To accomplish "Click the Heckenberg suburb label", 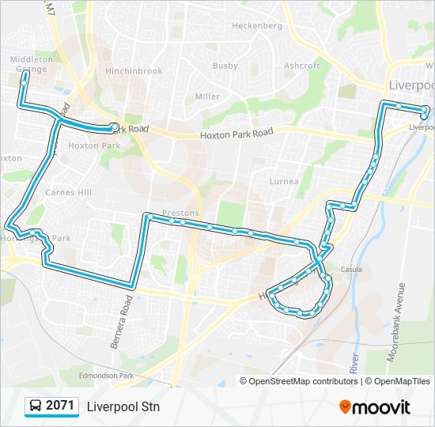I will point(256,25).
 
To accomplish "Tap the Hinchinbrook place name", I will point(134,71).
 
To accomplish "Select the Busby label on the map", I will point(225,66).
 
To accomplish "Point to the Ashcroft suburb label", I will point(301,66).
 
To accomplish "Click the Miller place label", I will point(207,96).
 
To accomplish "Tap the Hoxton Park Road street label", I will point(236,134).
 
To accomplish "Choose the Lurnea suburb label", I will point(284,182).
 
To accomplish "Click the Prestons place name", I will point(180,213).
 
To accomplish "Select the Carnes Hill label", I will point(69,193).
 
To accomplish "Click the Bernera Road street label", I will point(127,311).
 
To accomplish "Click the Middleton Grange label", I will point(28,64).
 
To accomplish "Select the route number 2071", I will point(60,406).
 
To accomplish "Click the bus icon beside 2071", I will point(35,406).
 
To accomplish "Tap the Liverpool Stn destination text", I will point(123,407).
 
